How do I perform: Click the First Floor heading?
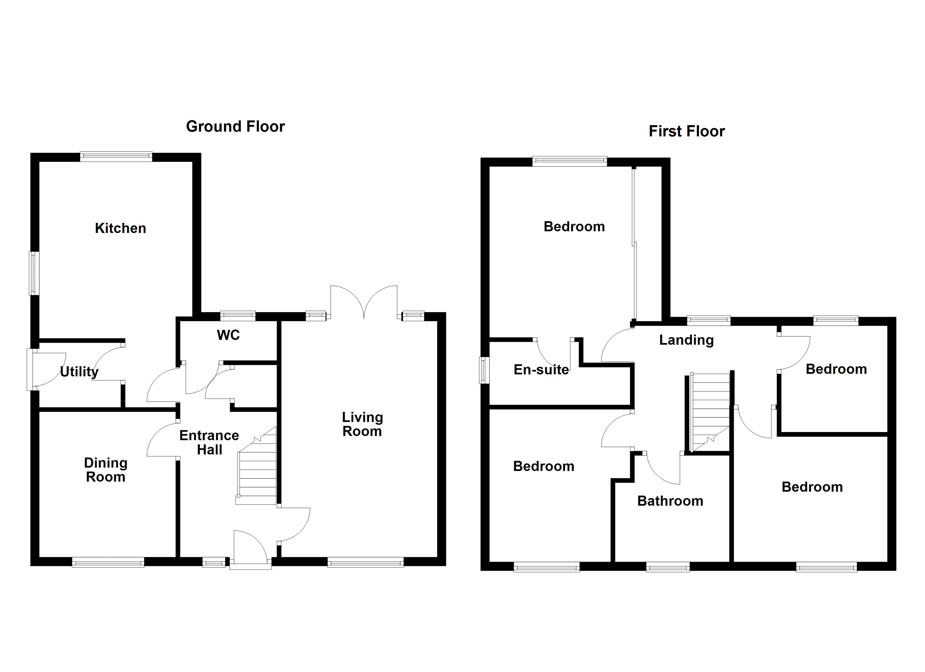tap(686, 132)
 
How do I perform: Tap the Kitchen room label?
tap(120, 228)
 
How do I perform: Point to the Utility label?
tap(79, 372)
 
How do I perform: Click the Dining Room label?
tap(106, 470)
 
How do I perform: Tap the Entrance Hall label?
tap(209, 443)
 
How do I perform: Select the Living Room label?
tap(362, 424)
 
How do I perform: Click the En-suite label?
tap(541, 370)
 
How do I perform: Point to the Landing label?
tap(686, 340)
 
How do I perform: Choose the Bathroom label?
tap(670, 501)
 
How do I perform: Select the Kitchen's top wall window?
tap(116, 157)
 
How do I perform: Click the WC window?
tap(238, 316)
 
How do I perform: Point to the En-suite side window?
tap(484, 370)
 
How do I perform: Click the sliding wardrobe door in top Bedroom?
tap(634, 244)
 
